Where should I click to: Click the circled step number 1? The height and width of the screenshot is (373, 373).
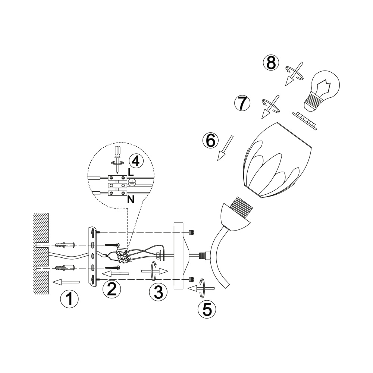pos(69,299)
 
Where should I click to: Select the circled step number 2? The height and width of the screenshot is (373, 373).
pos(112,289)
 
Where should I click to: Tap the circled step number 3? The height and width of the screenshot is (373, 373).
pos(158,292)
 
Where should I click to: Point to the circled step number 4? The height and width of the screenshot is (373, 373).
pos(136,161)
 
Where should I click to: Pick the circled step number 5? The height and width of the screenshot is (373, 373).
pos(207,309)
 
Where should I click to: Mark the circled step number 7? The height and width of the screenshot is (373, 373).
pos(242,103)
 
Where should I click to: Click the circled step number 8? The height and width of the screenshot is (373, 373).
pos(271,63)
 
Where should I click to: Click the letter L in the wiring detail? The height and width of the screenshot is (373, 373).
pos(131,172)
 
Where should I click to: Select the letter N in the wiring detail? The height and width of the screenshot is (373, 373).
pos(131,200)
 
